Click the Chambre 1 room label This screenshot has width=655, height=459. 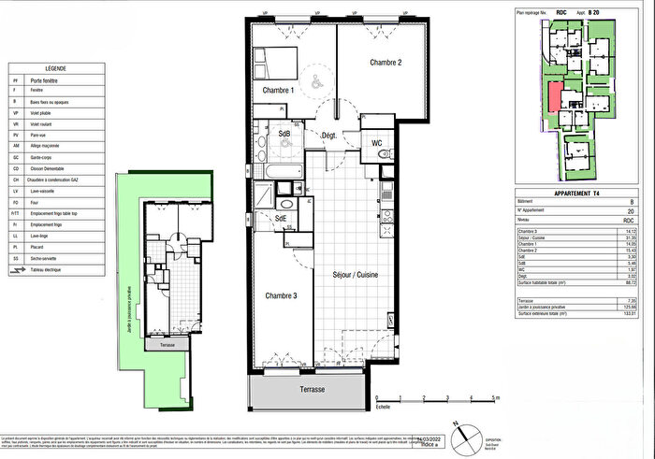point(277,91)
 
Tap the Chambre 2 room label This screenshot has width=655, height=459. point(385,63)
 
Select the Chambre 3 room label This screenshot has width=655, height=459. point(280,295)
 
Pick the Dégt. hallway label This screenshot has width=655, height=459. point(328,136)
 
